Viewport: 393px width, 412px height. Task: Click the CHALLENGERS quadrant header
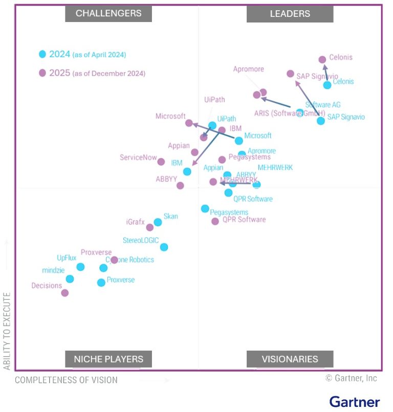108,14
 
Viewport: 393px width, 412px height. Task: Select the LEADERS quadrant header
290,14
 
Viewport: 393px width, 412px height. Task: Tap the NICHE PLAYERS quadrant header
108,359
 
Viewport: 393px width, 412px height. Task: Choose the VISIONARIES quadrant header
290,359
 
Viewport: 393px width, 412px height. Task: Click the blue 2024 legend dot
42,54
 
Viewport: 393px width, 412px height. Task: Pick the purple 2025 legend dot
42,73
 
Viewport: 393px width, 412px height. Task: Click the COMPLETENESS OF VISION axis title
66,380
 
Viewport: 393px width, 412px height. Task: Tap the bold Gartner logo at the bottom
354,401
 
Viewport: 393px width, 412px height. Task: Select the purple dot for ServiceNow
161,162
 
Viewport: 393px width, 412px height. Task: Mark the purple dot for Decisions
65,293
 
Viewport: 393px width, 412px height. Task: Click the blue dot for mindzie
70,279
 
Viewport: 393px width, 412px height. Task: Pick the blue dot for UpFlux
80,267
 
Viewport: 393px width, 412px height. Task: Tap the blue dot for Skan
158,222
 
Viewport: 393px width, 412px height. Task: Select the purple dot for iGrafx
149,227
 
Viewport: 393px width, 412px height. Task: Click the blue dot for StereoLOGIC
164,247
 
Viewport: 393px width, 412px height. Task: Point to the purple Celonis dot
322,60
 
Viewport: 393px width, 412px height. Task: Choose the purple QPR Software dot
215,221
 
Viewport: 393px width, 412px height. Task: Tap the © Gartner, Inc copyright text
351,378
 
